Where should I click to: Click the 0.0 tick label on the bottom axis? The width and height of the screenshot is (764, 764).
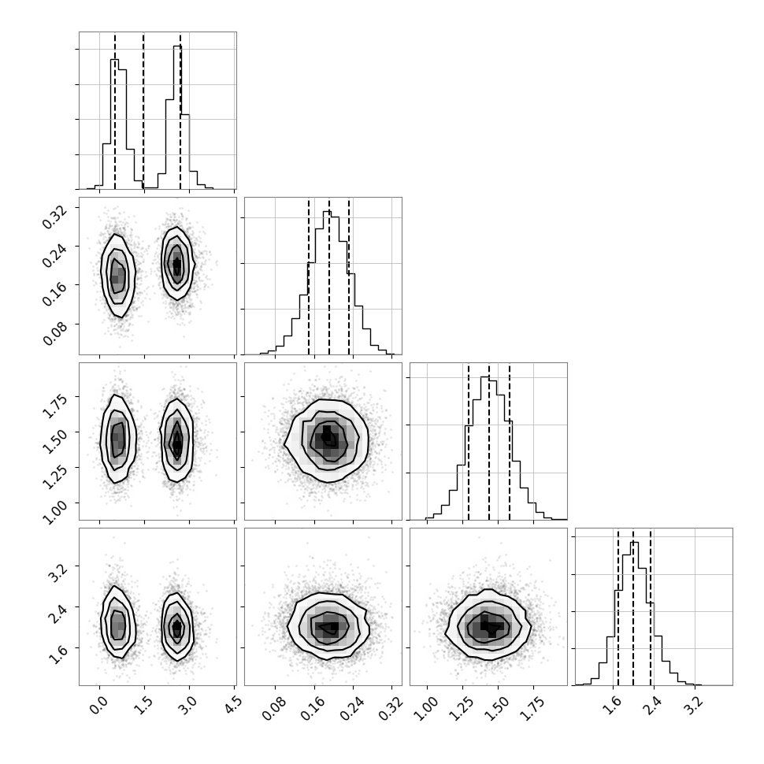98,705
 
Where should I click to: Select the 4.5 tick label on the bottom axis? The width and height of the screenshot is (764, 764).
234,705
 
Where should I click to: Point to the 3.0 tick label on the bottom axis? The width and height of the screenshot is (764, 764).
188,705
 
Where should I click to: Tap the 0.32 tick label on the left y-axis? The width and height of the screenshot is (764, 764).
54,217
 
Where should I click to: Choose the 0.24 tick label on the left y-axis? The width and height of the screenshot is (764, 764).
54,255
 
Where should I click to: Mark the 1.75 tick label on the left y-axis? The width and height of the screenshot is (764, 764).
54,406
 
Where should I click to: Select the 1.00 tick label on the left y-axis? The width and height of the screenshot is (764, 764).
54,512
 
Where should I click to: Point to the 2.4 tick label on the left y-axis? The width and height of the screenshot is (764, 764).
56,615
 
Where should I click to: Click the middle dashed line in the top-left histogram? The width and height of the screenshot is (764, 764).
143,110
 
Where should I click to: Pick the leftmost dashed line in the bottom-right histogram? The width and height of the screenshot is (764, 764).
618,607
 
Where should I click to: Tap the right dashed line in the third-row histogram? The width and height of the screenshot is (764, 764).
509,441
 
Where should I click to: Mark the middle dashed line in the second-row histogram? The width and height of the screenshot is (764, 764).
329,276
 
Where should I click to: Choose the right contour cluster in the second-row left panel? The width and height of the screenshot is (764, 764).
177,263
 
